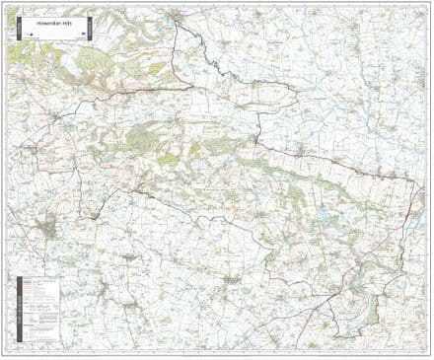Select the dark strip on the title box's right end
91,26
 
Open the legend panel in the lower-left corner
36,306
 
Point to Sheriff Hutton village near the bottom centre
233,281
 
